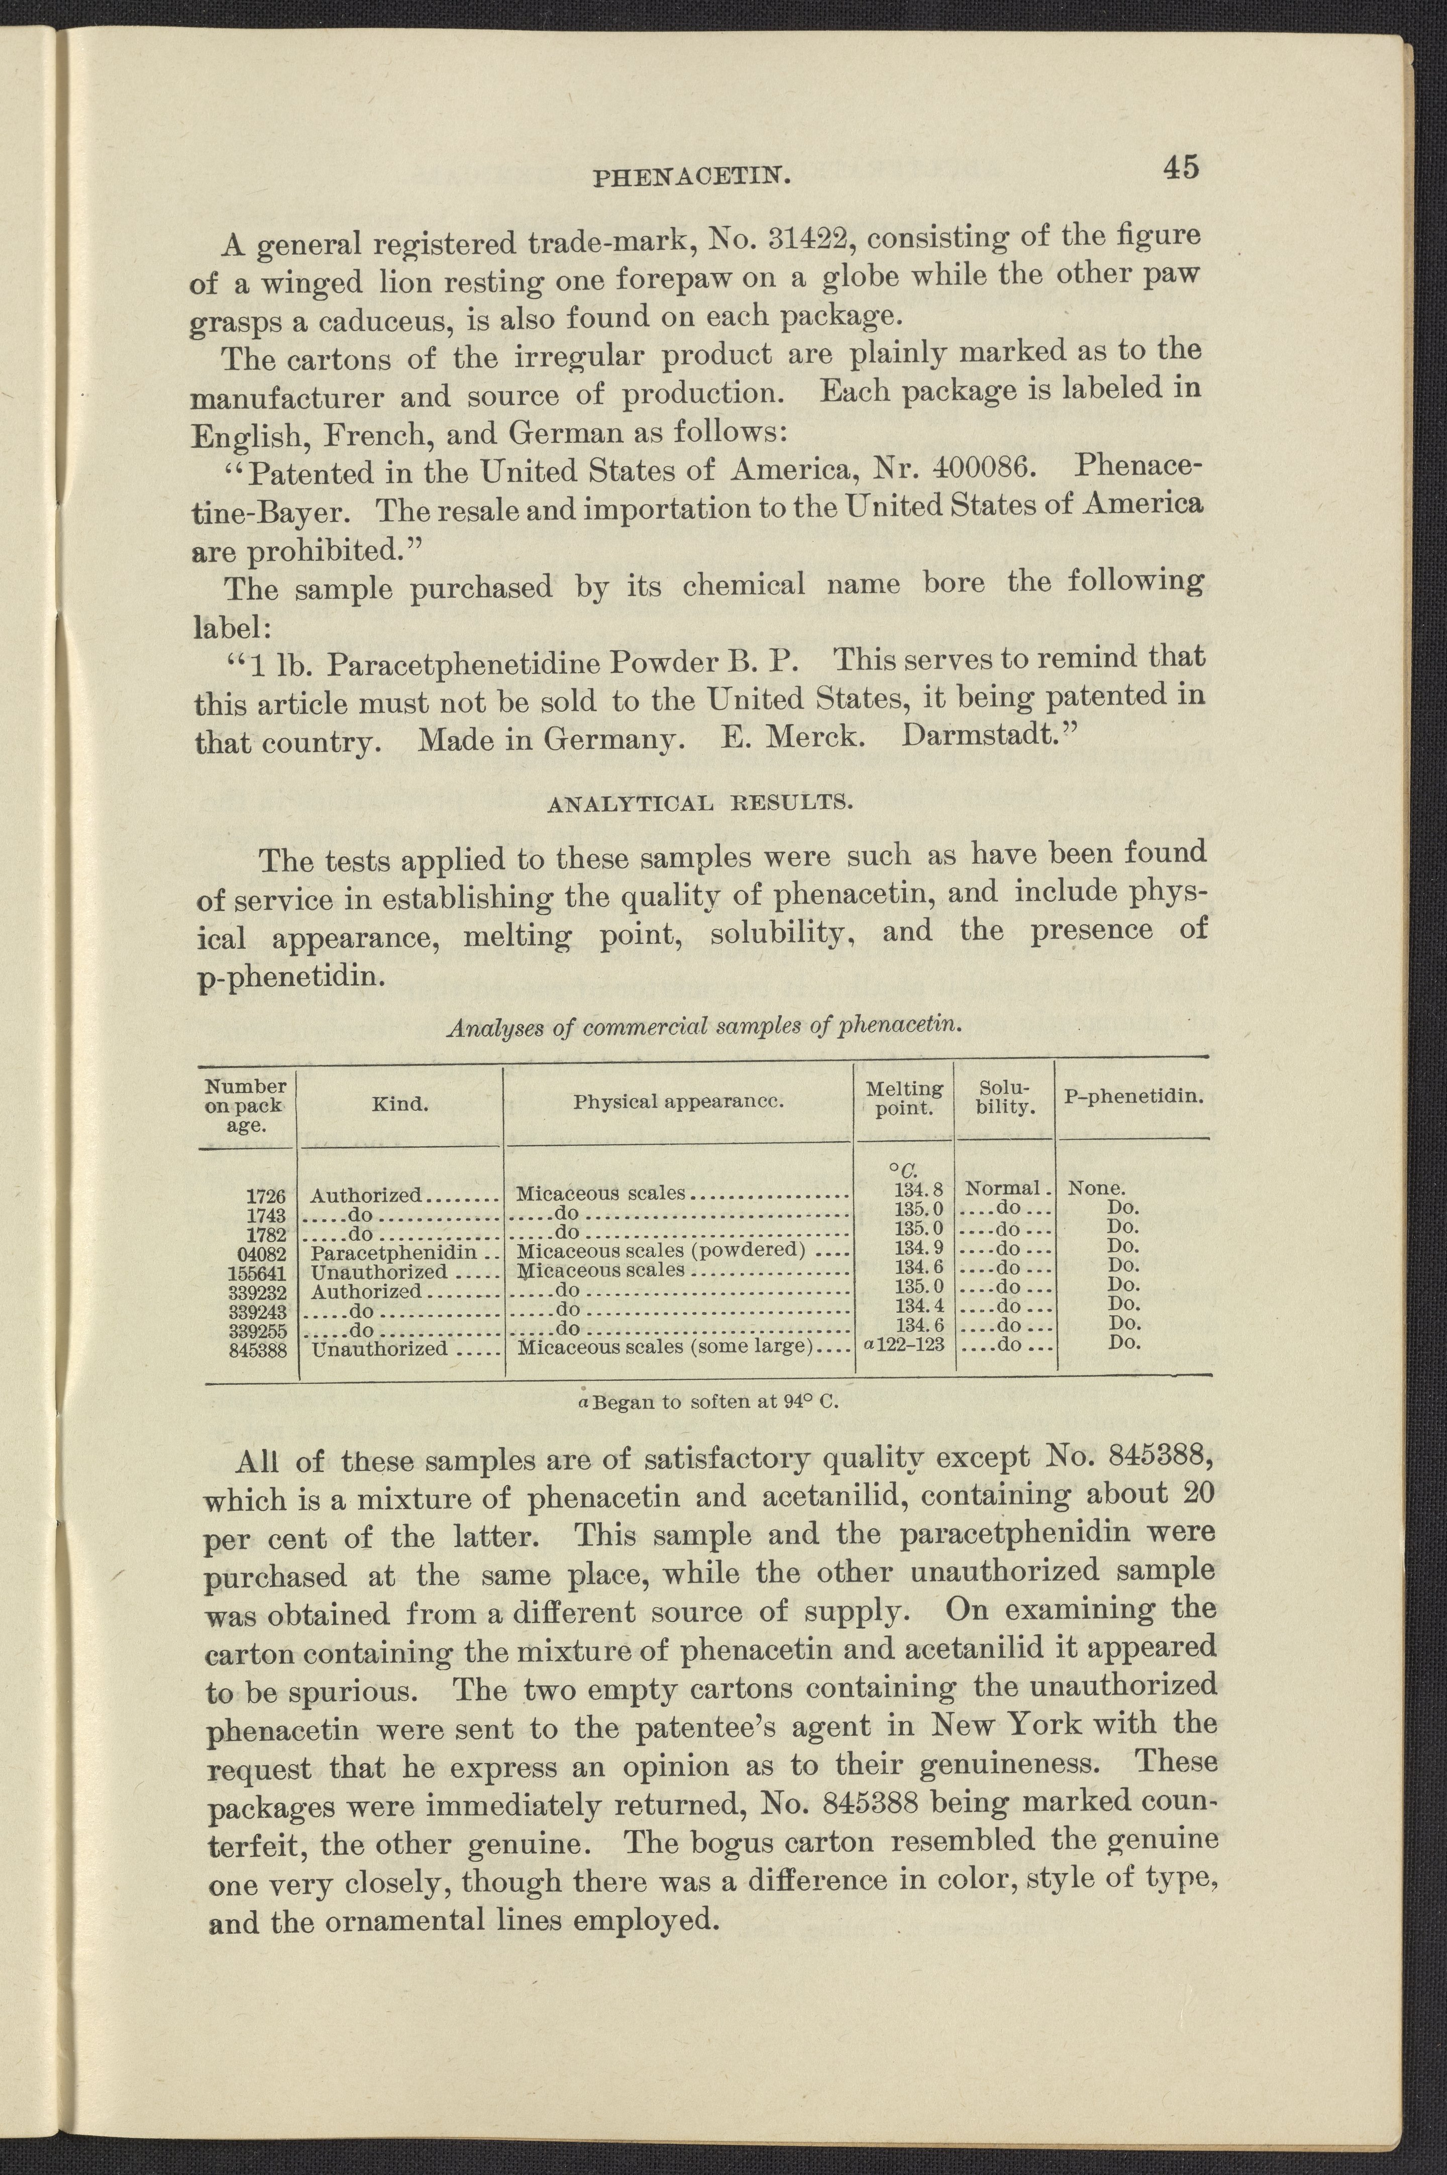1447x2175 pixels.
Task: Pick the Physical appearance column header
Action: pyautogui.click(x=678, y=1101)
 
